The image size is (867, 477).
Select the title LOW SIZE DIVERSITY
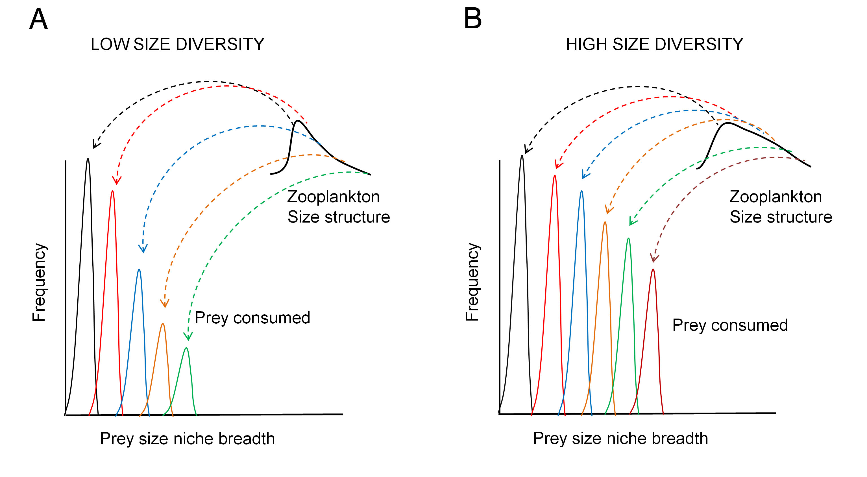tap(177, 44)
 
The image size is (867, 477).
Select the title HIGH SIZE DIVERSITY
tap(654, 44)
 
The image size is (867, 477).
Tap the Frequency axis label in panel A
tap(39, 282)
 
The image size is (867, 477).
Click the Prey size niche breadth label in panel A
tap(188, 439)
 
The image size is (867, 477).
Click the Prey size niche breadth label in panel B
tap(621, 439)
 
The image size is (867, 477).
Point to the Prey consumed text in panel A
tap(252, 318)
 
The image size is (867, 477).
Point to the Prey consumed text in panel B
tap(730, 325)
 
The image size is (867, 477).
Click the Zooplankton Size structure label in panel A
tap(338, 207)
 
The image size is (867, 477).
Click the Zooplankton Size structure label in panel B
tap(781, 207)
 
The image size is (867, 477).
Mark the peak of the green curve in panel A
tap(186, 348)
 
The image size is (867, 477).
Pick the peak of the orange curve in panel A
tap(163, 324)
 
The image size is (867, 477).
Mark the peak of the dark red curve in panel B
tap(653, 269)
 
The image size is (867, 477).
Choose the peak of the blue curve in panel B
tap(581, 191)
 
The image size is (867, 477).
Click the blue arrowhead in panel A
tap(143, 249)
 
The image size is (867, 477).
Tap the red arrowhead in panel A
tap(116, 181)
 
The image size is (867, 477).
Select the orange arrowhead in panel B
tap(608, 210)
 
